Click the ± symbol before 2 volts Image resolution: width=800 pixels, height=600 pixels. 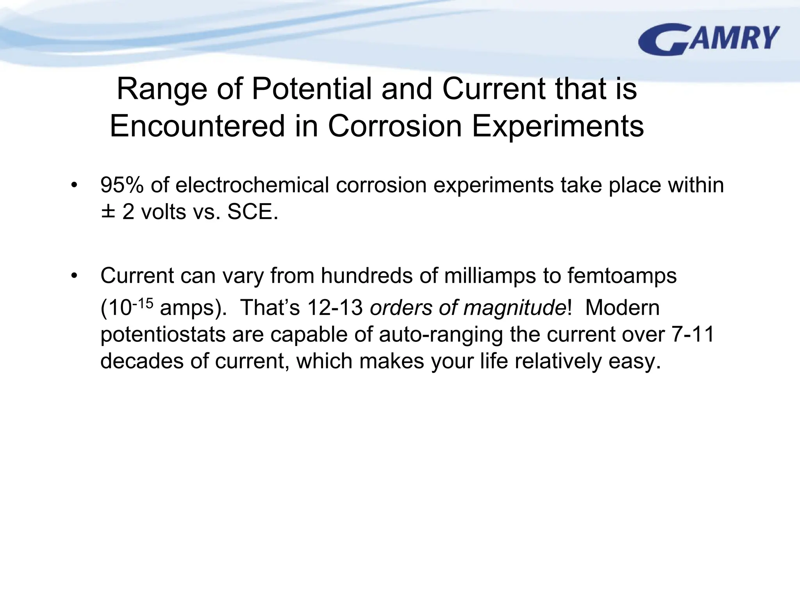click(108, 212)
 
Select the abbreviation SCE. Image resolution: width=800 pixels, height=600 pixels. click(252, 212)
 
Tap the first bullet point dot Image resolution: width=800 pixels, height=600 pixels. click(74, 186)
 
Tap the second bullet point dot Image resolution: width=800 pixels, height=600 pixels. click(74, 276)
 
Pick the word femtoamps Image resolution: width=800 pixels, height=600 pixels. click(622, 276)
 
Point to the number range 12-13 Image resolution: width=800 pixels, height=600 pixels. click(335, 308)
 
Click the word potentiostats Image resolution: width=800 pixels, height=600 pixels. click(163, 335)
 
